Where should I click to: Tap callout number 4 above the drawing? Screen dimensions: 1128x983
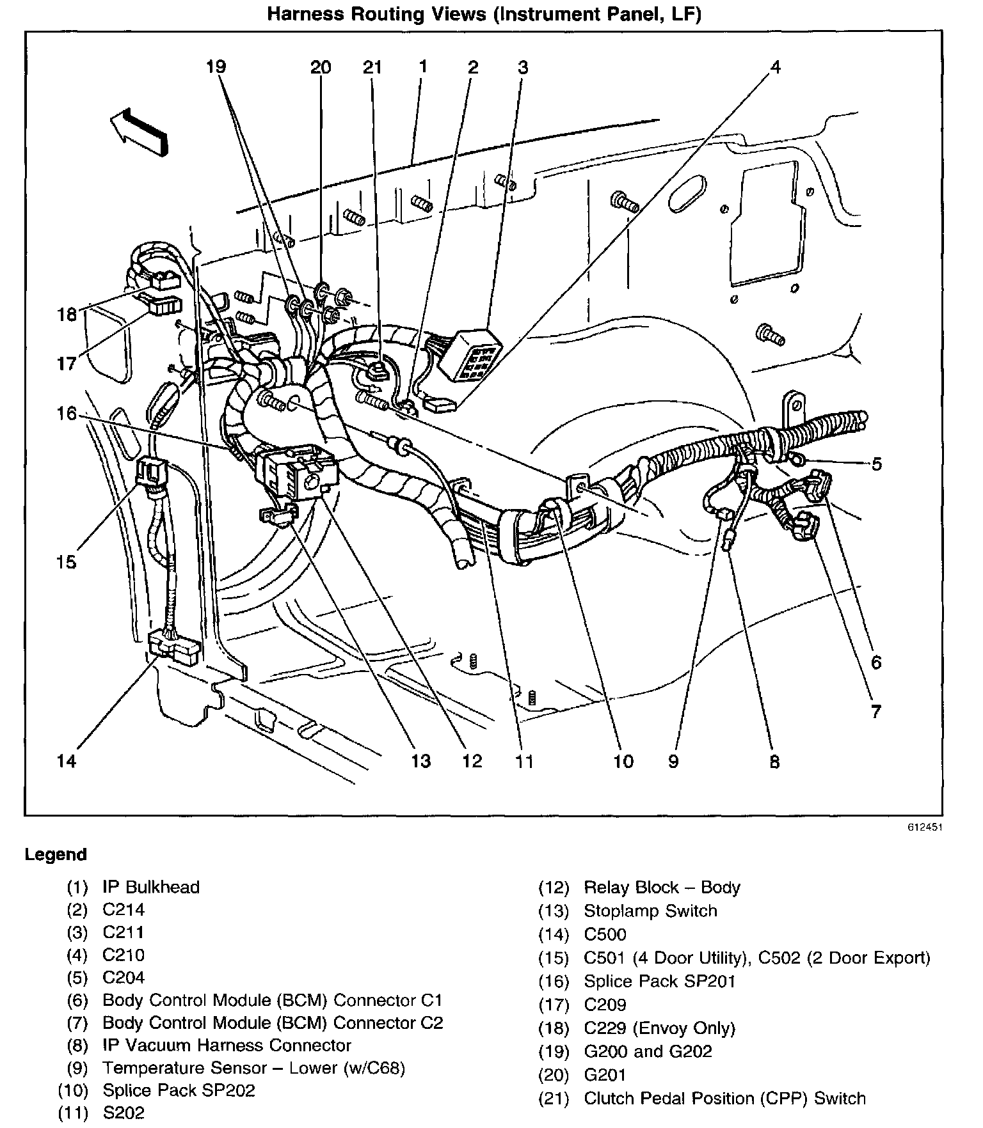coord(775,67)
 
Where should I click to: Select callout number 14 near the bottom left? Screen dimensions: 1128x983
coord(67,761)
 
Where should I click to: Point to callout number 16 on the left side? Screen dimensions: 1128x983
coord(67,414)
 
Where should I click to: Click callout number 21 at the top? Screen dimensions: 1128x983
coord(372,67)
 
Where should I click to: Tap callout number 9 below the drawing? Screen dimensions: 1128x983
coord(673,761)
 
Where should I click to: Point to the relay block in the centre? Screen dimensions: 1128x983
coord(298,471)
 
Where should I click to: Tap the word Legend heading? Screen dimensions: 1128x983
coord(56,855)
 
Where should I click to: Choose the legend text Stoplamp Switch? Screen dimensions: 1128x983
coord(650,911)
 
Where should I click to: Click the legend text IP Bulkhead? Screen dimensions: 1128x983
coord(151,887)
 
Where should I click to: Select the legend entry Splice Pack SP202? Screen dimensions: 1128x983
coord(179,1090)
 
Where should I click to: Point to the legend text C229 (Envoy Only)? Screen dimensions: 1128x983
coord(660,1028)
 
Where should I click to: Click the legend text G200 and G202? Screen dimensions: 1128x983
coord(648,1051)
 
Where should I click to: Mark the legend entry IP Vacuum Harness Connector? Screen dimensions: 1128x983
coord(227,1045)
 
